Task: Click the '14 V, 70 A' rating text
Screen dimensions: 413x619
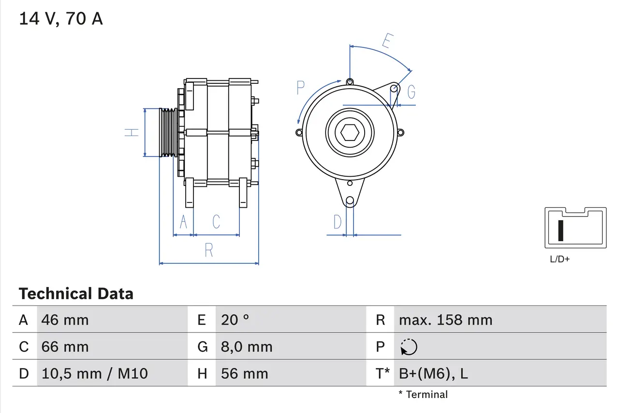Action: coord(61,19)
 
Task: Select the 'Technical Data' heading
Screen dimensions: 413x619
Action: coord(76,294)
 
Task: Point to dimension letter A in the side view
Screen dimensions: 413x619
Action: coord(183,222)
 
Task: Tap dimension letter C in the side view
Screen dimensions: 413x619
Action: coord(216,222)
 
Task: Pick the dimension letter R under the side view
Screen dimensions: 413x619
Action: coord(209,250)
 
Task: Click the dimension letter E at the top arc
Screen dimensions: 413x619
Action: coord(386,42)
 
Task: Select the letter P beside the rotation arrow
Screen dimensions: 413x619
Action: coord(301,88)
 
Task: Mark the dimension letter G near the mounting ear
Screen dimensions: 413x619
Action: coord(411,92)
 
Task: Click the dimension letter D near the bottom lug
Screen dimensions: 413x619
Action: coord(338,222)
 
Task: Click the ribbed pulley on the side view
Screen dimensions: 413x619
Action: coord(168,132)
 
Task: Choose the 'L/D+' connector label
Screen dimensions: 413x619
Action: coord(560,259)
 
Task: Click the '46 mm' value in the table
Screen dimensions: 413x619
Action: coord(65,320)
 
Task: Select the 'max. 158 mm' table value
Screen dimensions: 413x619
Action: coord(445,320)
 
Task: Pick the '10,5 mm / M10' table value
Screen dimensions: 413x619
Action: coord(95,373)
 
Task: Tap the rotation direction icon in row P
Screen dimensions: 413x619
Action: coord(409,347)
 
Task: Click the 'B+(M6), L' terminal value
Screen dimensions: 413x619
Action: coord(433,373)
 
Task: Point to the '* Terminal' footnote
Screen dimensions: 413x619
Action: coord(423,395)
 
